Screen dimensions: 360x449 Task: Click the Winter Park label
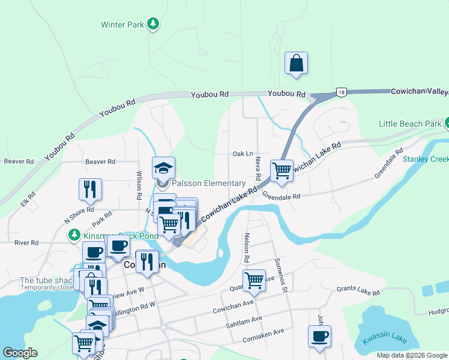(122, 25)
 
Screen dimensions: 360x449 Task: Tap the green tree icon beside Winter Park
(154, 24)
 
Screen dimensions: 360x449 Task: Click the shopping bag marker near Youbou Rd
(297, 63)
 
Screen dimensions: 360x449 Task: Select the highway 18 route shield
(341, 92)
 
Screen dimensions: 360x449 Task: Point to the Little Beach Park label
(410, 124)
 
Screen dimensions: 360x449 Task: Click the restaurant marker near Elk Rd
(90, 189)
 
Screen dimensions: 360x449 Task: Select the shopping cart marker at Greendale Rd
(281, 171)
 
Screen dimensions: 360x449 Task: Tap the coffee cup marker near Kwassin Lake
(319, 336)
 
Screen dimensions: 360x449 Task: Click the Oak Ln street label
(243, 154)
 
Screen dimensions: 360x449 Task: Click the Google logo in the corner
(20, 353)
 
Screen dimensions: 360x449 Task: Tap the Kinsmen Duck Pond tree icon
(74, 233)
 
